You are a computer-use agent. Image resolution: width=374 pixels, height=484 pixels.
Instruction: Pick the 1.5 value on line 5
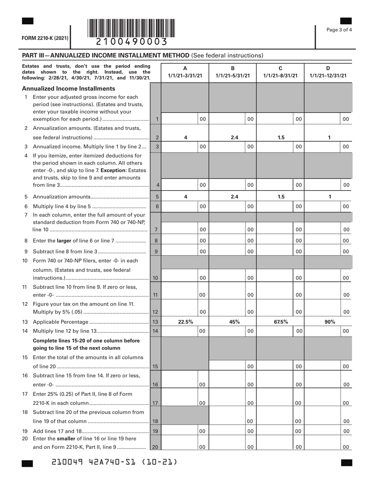(x=281, y=196)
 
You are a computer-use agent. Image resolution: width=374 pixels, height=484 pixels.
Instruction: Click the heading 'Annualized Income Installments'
(x=74, y=89)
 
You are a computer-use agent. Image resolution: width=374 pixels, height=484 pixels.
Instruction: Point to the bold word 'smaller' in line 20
(x=70, y=439)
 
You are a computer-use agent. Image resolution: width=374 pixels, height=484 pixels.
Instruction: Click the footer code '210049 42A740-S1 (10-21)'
(x=115, y=462)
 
